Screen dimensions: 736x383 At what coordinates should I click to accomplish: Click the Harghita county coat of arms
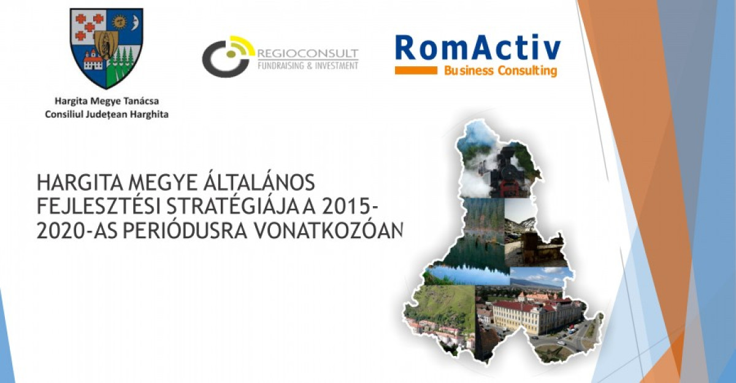click(107, 48)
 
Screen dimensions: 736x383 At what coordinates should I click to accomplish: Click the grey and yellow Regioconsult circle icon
click(228, 56)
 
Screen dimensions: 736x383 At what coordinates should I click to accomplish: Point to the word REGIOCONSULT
click(308, 53)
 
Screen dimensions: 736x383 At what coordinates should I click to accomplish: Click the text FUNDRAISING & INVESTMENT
click(308, 66)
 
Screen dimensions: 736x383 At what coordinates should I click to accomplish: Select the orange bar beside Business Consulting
click(416, 71)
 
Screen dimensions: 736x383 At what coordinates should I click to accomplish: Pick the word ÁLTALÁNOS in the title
click(259, 183)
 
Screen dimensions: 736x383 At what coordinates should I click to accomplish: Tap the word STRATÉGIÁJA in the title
click(232, 207)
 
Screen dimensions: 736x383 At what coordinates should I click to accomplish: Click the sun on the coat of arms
click(119, 21)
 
